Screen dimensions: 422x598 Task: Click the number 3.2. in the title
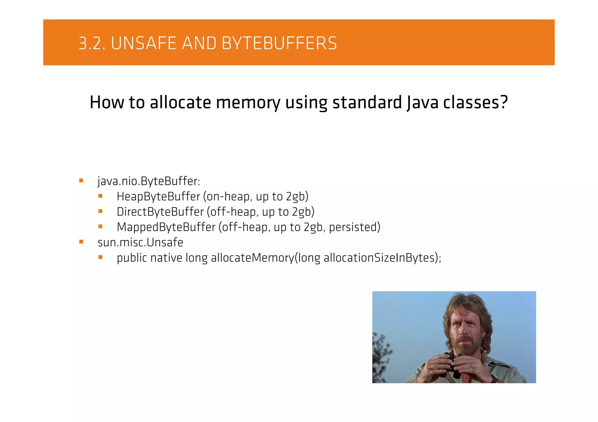(92, 43)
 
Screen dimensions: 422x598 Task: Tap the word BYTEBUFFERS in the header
(279, 43)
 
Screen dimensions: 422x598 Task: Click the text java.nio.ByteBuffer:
(149, 181)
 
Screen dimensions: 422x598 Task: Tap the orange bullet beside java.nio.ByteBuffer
(81, 181)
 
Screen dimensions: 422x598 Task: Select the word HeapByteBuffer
(158, 197)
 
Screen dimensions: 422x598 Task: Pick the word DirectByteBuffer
(160, 212)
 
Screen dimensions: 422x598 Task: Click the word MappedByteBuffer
(166, 227)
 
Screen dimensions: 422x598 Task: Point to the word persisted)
(354, 227)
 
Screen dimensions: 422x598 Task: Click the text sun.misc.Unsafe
(140, 243)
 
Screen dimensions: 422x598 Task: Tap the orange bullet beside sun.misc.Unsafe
(81, 242)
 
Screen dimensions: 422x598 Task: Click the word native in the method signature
(166, 258)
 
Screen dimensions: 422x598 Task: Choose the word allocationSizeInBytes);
(382, 258)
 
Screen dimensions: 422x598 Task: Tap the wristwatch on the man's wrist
(494, 378)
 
